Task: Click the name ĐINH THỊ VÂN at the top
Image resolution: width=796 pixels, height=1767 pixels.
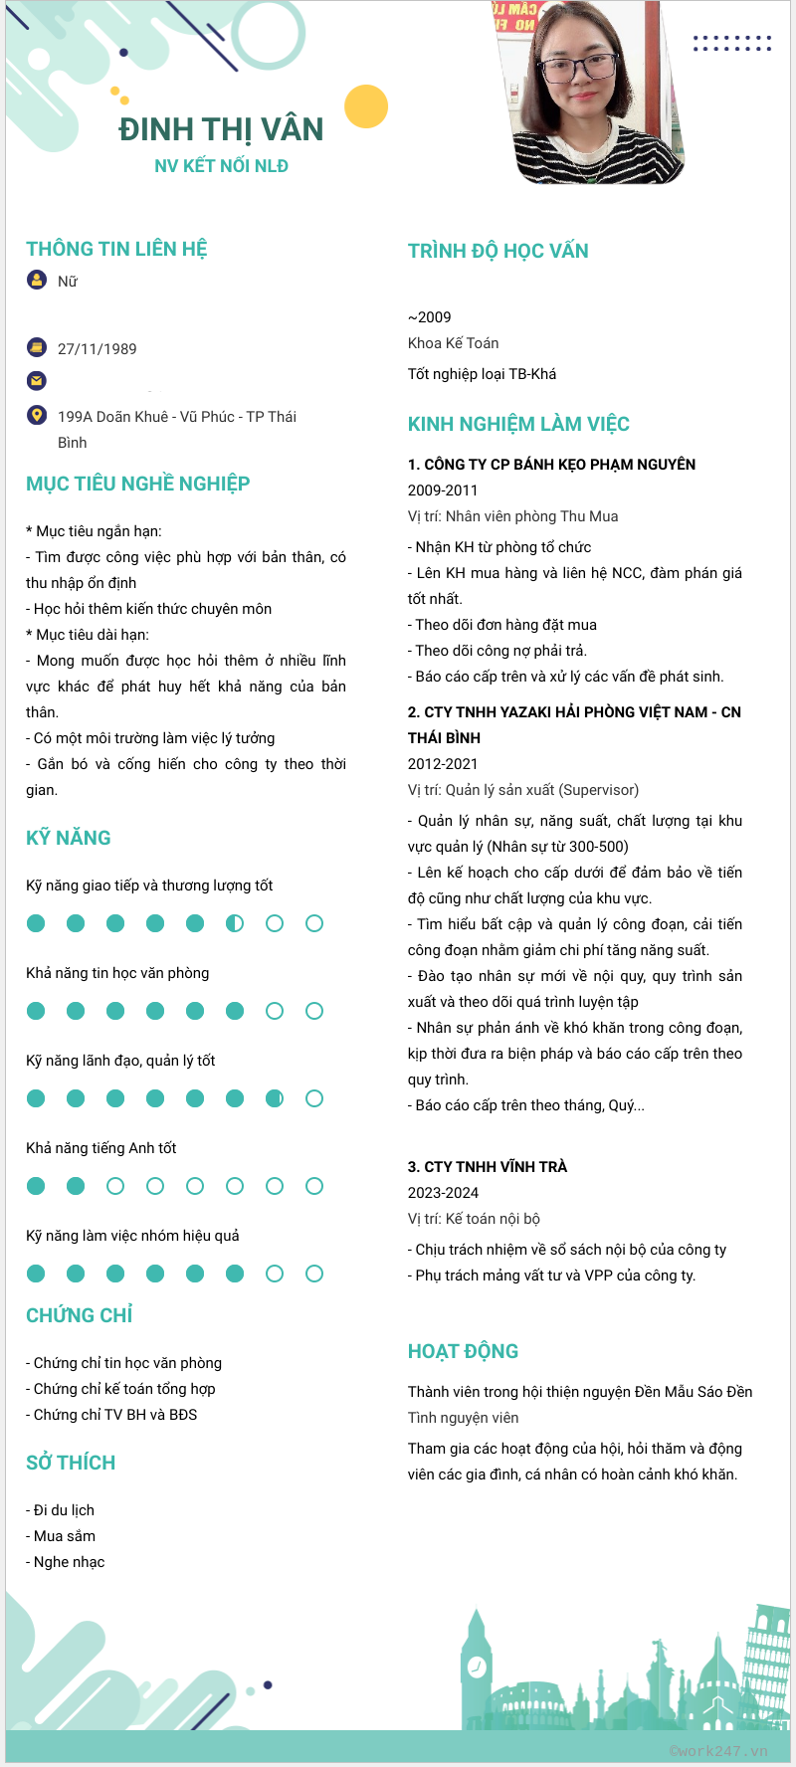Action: [221, 129]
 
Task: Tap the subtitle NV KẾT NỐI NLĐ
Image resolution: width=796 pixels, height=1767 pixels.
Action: [221, 166]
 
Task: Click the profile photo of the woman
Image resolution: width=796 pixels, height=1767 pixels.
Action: [593, 92]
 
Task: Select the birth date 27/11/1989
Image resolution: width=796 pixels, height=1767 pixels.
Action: [98, 349]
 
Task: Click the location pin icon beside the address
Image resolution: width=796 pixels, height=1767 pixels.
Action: [37, 415]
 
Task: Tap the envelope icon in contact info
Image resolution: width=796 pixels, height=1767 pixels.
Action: [37, 380]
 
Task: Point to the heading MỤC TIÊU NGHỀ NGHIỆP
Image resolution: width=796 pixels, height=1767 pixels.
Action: [138, 485]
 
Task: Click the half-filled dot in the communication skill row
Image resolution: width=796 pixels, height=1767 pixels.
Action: [235, 923]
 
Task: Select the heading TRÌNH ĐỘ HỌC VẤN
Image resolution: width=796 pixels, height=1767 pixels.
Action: [497, 251]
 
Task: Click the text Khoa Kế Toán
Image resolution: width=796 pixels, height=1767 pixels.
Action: [454, 343]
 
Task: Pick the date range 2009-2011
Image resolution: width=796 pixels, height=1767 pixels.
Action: [443, 491]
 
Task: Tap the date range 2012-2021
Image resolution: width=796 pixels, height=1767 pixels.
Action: [443, 764]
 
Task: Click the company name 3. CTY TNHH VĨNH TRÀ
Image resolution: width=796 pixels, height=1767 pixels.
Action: [488, 1167]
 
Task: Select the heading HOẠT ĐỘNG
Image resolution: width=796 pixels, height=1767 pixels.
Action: [463, 1351]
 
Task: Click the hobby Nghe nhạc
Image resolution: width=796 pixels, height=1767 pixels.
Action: [69, 1562]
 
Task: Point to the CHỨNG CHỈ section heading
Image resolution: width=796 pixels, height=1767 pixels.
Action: [80, 1315]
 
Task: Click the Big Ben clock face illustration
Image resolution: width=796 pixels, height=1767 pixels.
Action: [477, 1667]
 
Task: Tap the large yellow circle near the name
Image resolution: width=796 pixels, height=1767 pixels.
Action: [366, 106]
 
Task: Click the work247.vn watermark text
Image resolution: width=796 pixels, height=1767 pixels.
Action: [718, 1751]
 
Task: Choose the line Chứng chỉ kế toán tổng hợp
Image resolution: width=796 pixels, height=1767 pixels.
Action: [124, 1389]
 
